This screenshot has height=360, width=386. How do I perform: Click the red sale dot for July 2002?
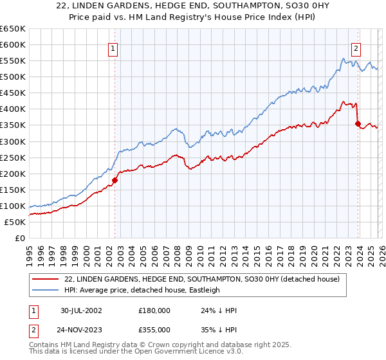point(115,180)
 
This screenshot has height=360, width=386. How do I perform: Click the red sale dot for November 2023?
point(358,123)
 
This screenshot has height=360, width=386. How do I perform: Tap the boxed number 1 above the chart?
point(113,47)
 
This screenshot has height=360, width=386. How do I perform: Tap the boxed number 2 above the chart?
point(356,47)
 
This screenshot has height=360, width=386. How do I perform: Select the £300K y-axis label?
point(12,141)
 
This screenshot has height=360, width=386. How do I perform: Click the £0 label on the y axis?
point(20,238)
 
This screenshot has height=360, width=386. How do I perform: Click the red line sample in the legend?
point(46,279)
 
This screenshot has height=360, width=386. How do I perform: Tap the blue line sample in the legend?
point(46,290)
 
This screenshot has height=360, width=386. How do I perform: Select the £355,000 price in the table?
point(154,329)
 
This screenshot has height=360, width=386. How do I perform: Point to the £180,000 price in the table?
point(154,310)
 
